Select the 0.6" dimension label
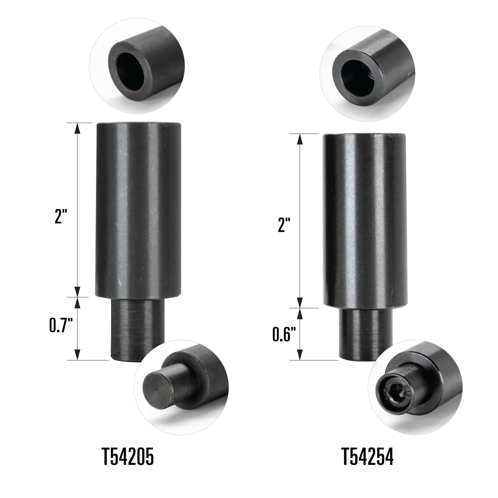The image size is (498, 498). tap(284, 334)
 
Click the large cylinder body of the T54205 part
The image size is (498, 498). tap(138, 209)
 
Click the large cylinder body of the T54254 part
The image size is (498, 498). tap(364, 219)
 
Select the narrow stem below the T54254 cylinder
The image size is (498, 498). tap(365, 332)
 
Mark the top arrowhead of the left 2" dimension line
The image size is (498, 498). tap(78, 128)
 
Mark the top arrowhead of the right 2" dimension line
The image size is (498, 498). tap(300, 139)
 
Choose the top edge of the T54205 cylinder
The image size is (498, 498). tap(138, 124)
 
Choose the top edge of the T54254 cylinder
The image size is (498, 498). tap(364, 134)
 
